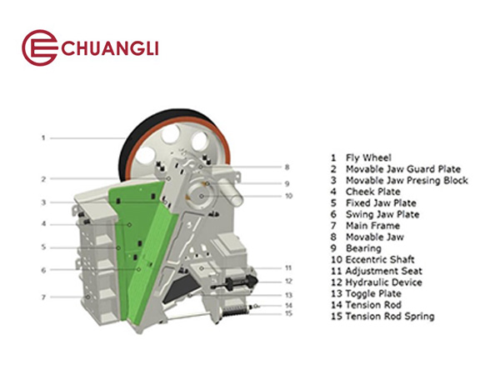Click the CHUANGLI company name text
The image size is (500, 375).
[110, 48]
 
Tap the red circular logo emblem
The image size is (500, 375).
[39, 47]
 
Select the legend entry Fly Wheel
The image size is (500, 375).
[361, 157]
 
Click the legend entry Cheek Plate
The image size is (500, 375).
[366, 192]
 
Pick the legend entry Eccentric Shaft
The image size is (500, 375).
[372, 259]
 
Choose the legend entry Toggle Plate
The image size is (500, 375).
[366, 293]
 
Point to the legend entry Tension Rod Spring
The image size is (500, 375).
[382, 317]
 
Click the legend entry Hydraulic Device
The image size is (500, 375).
[377, 282]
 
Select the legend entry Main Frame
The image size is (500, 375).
[365, 226]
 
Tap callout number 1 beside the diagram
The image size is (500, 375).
[43, 137]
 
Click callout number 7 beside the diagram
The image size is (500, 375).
[43, 297]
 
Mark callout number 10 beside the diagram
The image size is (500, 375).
[288, 196]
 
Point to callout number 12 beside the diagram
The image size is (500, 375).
[288, 282]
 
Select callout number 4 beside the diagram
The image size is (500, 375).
[43, 224]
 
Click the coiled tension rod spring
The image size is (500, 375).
[235, 311]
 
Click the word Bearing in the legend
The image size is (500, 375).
[364, 248]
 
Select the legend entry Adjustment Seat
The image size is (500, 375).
[377, 271]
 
